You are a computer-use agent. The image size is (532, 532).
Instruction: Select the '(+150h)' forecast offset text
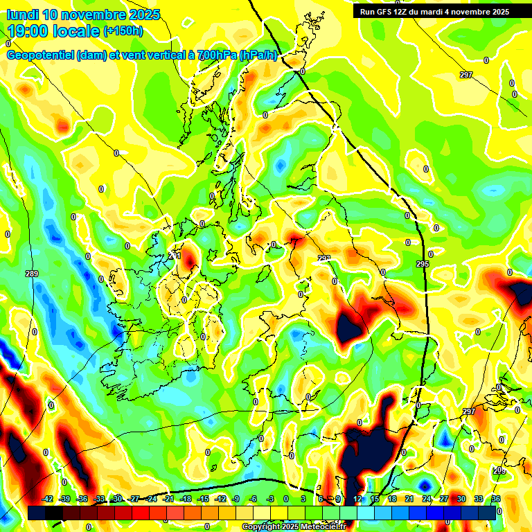123,30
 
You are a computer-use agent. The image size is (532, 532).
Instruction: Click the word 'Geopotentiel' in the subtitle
39,55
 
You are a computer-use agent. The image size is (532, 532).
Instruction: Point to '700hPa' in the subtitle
215,55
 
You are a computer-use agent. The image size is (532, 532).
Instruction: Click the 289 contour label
31,274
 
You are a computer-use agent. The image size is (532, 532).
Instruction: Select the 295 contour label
423,265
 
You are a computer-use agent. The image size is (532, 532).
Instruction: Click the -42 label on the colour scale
48,499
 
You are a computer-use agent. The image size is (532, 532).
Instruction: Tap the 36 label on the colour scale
496,499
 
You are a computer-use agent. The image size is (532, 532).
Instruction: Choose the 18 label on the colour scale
392,499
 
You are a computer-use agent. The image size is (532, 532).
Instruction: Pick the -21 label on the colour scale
168,499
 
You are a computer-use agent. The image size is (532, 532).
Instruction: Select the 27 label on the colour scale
444,499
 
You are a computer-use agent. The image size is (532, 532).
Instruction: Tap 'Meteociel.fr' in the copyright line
323,527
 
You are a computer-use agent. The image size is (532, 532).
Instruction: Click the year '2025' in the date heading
143,15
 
